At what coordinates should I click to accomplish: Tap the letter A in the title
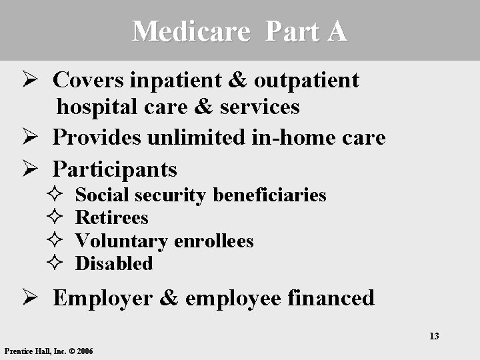point(337,31)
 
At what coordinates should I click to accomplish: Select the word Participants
point(115,169)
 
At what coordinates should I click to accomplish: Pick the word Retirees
point(112,217)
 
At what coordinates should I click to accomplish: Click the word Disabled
point(114,263)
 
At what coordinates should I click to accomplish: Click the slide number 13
point(434,336)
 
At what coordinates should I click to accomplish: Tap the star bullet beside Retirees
point(56,218)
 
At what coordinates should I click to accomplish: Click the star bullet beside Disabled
point(56,264)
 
